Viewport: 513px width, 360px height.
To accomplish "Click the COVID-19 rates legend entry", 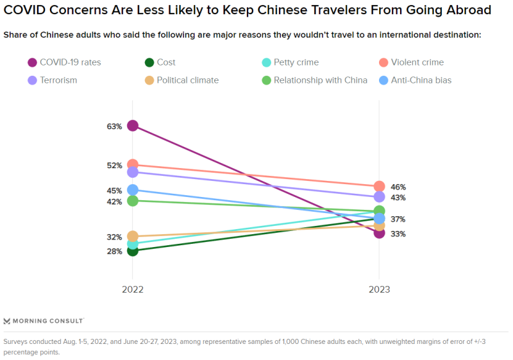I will pos(64,62).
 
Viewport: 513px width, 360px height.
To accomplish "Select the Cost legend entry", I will pos(160,62).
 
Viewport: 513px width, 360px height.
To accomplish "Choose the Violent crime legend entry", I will pos(411,62).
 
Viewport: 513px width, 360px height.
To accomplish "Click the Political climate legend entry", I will pos(182,80).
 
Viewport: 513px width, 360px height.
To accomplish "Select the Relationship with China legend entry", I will pos(314,80).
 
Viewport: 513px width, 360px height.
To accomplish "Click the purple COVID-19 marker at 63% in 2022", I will pos(133,126).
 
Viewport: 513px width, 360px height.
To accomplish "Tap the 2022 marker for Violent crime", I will pos(133,165).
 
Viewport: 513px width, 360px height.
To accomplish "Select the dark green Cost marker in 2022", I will pos(133,250).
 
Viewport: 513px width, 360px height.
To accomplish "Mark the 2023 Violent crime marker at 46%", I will pos(379,187).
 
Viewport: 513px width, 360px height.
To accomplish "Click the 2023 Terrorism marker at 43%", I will pos(379,197).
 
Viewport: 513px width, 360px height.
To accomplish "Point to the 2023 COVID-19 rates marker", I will pos(379,233).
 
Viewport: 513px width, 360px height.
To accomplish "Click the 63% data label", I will pos(115,126).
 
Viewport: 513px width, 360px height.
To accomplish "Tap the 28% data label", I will pos(115,252).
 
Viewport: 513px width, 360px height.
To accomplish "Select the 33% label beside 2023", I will pos(398,234).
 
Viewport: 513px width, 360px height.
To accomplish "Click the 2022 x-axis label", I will pos(133,289).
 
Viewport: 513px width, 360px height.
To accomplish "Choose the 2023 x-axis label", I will pos(379,289).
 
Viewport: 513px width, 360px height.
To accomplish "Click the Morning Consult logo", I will pos(44,320).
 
